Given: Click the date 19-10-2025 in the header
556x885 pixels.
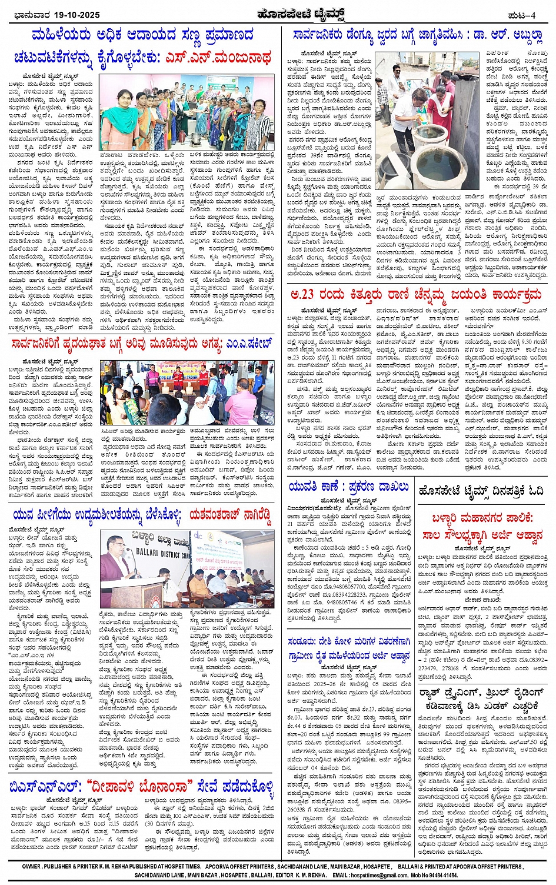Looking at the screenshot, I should [x=74, y=15].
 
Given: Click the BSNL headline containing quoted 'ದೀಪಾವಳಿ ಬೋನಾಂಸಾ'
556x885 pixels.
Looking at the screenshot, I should [x=141, y=787].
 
